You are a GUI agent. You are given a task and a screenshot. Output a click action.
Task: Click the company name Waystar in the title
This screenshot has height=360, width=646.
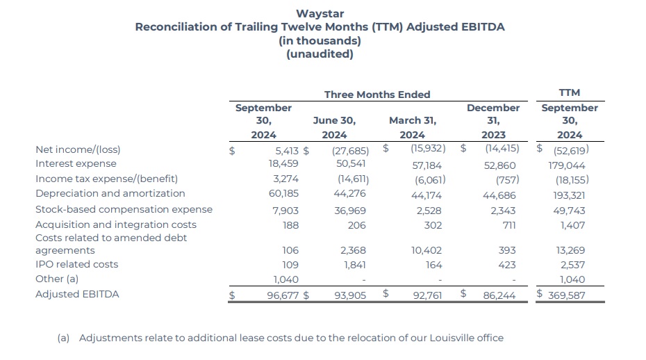tap(320, 13)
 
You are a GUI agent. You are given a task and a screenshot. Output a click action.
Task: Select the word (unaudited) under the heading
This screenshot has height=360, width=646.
tap(320, 54)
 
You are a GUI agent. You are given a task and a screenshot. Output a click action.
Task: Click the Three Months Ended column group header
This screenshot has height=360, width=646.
tap(377, 95)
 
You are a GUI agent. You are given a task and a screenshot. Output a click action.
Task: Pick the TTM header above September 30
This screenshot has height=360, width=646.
tap(569, 92)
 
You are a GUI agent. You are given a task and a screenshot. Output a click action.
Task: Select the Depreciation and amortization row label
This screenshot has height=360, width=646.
tap(110, 193)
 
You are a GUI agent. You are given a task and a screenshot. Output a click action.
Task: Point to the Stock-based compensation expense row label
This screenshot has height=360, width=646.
tap(124, 209)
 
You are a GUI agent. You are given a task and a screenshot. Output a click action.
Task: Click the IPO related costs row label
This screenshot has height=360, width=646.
tap(76, 264)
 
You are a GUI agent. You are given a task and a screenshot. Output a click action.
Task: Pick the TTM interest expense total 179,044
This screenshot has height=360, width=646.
tap(566, 165)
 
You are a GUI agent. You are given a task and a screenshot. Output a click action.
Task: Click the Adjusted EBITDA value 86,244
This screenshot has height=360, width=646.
tap(499, 295)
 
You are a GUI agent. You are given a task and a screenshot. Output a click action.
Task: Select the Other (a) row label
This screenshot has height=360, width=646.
tap(57, 279)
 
